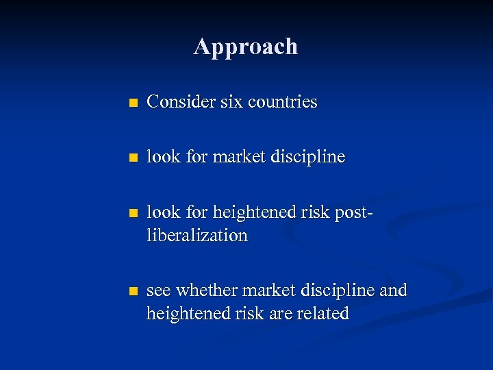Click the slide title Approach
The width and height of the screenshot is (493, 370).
click(246, 47)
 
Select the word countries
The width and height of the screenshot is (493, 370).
click(283, 102)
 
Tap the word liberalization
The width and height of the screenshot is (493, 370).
click(197, 236)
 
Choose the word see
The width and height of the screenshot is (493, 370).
click(160, 291)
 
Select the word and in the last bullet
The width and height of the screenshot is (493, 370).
click(392, 291)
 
